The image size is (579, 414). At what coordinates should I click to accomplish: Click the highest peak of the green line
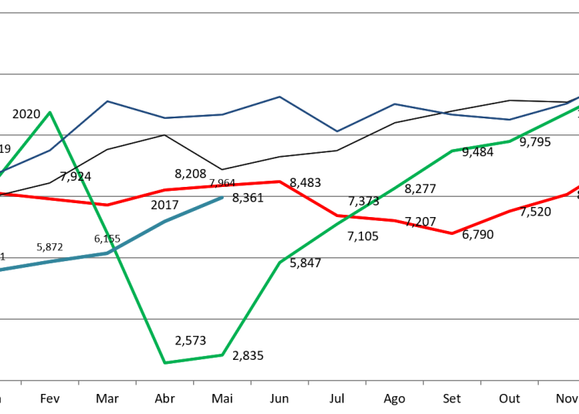click(50, 112)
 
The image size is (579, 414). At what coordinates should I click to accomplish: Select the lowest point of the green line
click(164, 362)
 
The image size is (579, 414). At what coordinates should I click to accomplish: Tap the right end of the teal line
click(222, 198)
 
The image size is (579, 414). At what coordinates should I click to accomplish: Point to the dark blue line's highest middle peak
click(279, 97)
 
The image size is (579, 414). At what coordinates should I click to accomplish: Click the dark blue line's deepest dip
click(337, 131)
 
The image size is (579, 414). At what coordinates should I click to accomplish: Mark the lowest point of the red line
click(452, 233)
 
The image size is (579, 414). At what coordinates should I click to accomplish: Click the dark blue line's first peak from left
click(107, 101)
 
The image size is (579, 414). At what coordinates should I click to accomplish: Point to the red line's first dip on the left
click(107, 205)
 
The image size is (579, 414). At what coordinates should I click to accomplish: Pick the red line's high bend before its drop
click(279, 182)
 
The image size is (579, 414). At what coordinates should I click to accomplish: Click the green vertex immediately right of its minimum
click(222, 355)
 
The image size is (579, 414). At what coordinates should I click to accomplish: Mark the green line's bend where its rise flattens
click(452, 151)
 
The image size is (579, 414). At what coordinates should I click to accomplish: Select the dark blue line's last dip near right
click(510, 120)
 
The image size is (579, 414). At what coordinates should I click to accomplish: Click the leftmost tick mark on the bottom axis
click(21, 382)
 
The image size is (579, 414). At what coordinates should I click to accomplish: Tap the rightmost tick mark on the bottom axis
click(538, 382)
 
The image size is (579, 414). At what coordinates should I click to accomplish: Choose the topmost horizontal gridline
click(289, 12)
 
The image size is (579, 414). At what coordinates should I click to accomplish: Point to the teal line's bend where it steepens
click(107, 253)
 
